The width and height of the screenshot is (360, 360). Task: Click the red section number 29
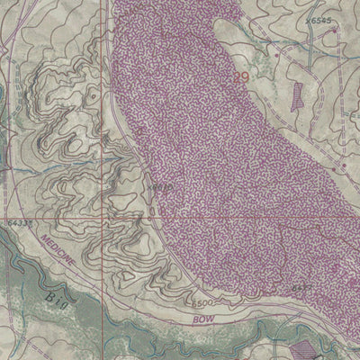point(240,79)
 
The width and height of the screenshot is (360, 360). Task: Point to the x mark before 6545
point(306,18)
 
